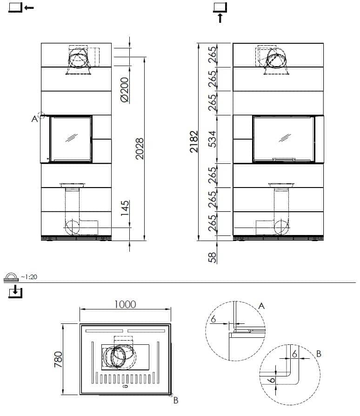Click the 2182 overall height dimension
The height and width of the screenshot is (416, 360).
click(194, 141)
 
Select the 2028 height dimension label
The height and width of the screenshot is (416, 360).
click(140, 148)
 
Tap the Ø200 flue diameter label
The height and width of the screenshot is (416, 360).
click(124, 90)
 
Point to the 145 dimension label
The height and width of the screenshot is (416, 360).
click(125, 208)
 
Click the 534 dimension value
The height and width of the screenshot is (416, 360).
click(212, 139)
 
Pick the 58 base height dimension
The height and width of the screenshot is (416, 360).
click(212, 257)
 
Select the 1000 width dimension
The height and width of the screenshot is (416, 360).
click(125, 304)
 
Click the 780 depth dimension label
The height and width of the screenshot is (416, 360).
click(58, 360)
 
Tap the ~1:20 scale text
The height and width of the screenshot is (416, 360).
click(29, 277)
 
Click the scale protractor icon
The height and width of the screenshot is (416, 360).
click(11, 277)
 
